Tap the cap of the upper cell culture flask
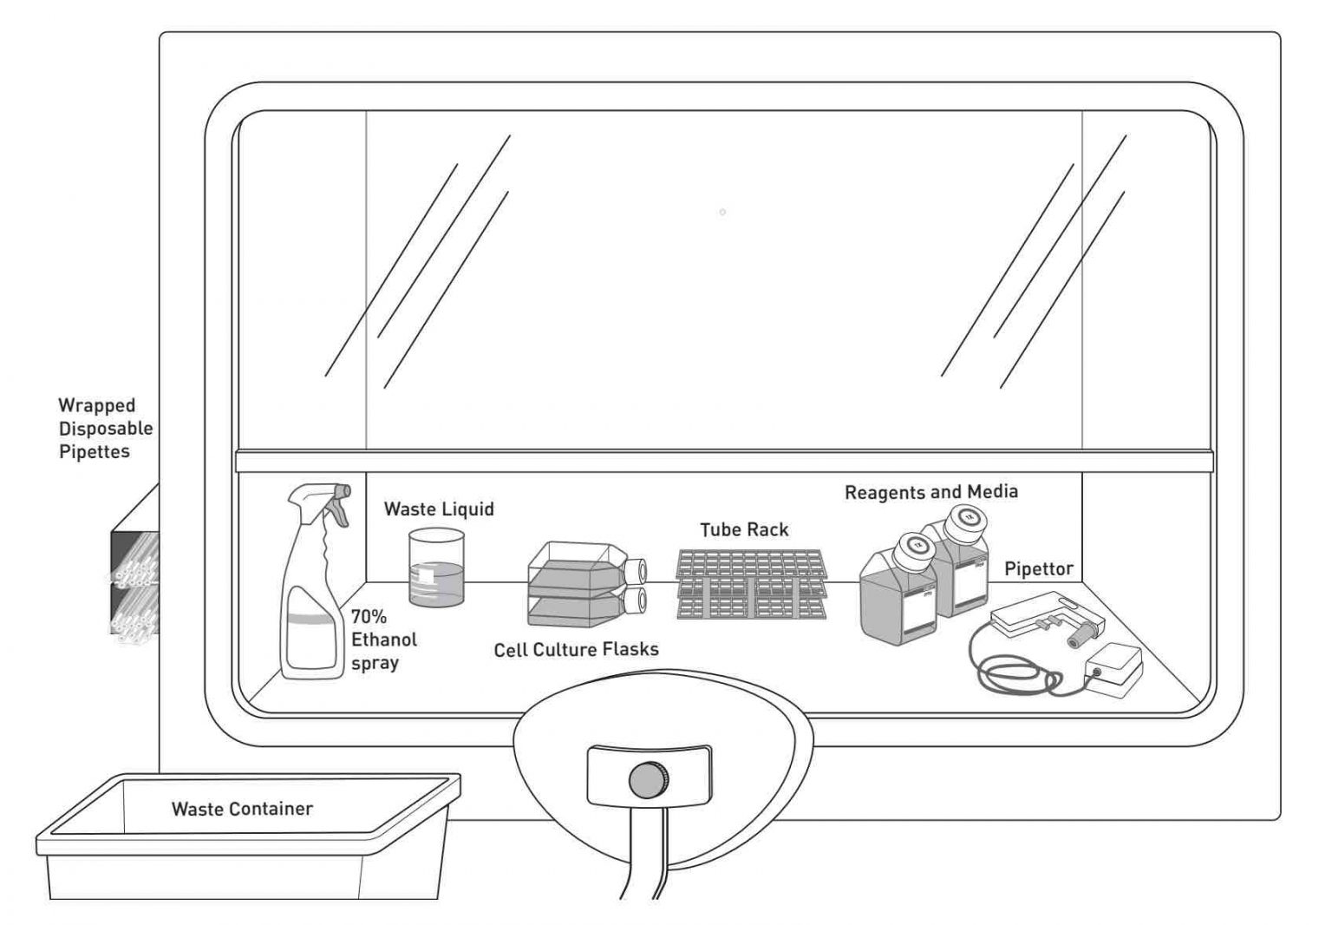pos(637,570)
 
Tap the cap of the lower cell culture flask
pos(637,599)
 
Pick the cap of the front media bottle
pos(912,546)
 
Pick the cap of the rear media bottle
pos(963,519)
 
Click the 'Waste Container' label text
pos(242,809)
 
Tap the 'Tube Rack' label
pos(744,529)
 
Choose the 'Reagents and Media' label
pos(930,492)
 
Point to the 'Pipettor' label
pos(1038,569)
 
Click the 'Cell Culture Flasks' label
pos(576,649)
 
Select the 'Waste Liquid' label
pos(439,508)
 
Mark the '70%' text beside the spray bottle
pos(369,617)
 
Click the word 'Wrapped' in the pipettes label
pos(96,405)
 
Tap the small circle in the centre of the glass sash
pos(722,213)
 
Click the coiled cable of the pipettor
pos(1015,672)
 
